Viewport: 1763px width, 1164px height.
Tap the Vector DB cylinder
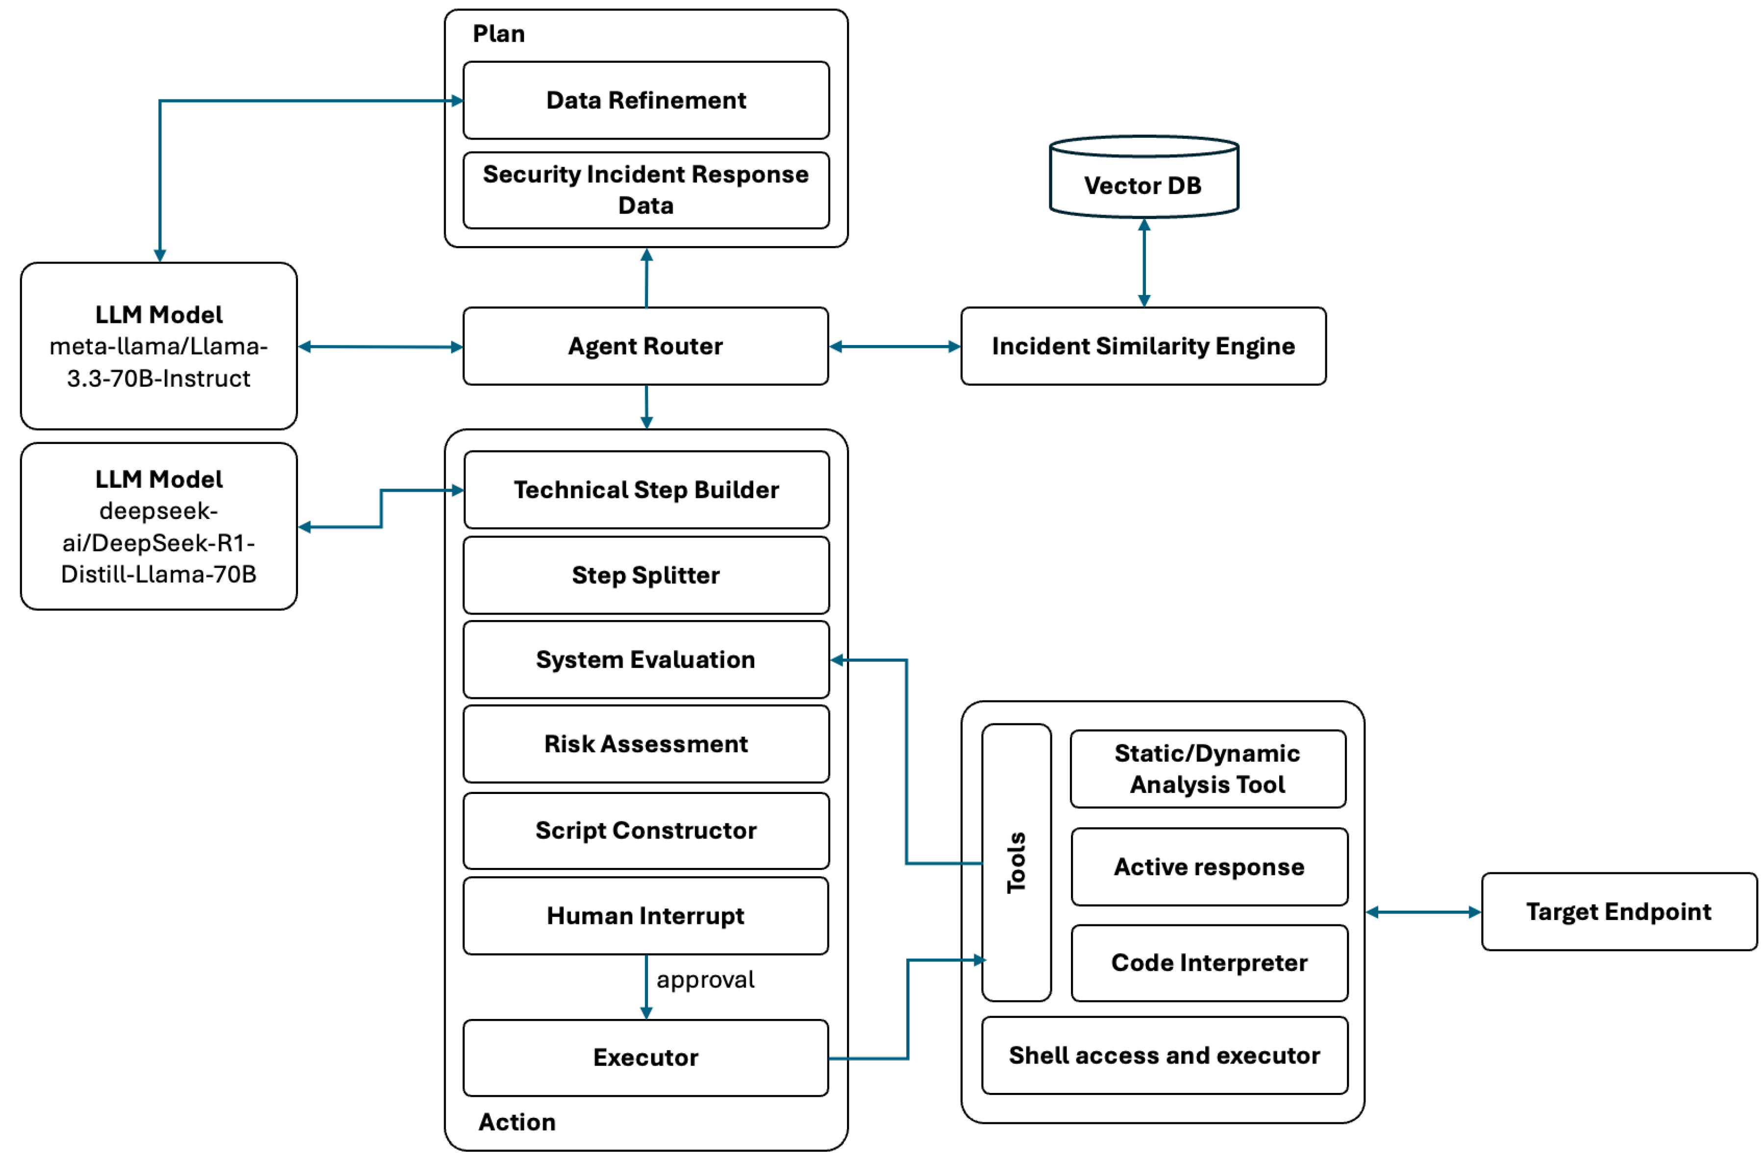tap(1142, 182)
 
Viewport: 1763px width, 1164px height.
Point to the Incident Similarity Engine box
tap(1142, 346)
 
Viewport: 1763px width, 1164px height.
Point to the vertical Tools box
tap(1016, 863)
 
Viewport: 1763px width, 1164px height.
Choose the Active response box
tap(1209, 867)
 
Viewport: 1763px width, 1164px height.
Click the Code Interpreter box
tap(1209, 963)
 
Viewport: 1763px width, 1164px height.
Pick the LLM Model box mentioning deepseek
tap(159, 526)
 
